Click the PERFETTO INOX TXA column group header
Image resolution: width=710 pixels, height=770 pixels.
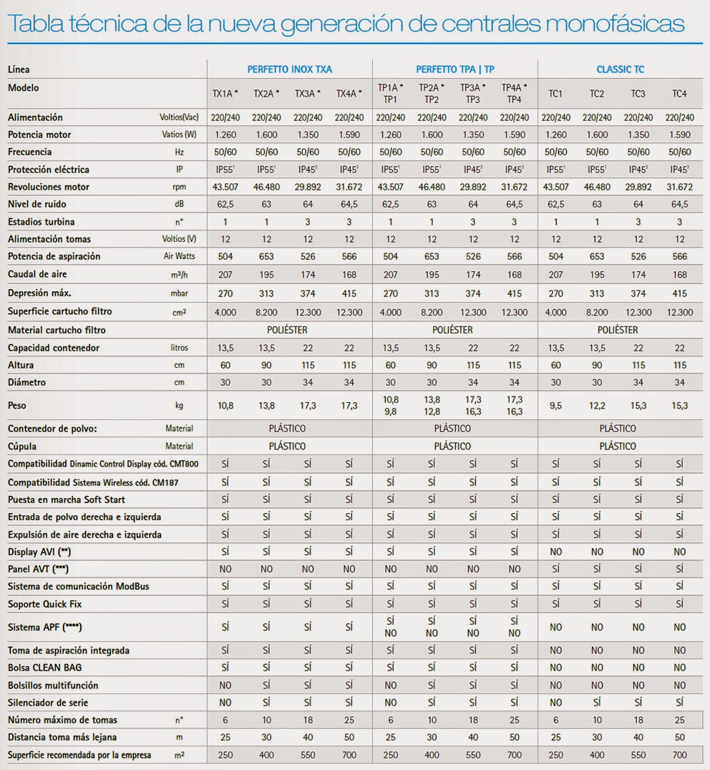pyautogui.click(x=290, y=69)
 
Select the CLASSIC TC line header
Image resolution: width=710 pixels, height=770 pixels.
pyautogui.click(x=620, y=69)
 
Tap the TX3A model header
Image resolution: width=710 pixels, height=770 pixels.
pyautogui.click(x=307, y=93)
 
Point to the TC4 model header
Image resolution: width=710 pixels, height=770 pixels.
pyautogui.click(x=679, y=93)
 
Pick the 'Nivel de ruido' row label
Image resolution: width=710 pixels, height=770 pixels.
pyautogui.click(x=37, y=204)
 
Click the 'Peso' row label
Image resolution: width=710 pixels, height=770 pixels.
pyautogui.click(x=16, y=405)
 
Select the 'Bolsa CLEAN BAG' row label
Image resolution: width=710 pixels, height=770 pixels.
pyautogui.click(x=44, y=668)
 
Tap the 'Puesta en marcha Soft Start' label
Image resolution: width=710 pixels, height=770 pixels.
pyautogui.click(x=67, y=499)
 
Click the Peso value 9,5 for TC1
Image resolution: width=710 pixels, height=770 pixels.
pyautogui.click(x=556, y=406)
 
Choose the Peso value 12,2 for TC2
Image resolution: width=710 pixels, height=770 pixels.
pyautogui.click(x=597, y=406)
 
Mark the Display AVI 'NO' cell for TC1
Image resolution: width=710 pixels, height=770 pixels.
pyautogui.click(x=556, y=552)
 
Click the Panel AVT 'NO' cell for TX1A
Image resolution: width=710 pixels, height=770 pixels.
pyautogui.click(x=225, y=569)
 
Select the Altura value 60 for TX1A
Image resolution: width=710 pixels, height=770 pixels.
pyautogui.click(x=225, y=365)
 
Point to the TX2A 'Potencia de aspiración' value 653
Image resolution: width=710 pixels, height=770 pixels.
pyautogui.click(x=267, y=256)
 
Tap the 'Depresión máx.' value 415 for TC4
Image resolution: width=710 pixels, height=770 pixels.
pyautogui.click(x=679, y=293)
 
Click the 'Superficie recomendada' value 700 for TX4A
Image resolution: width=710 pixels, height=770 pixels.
pyautogui.click(x=349, y=755)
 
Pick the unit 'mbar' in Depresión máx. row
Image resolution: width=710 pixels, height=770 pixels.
pyautogui.click(x=179, y=293)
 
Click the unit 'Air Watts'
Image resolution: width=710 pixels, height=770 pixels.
pyautogui.click(x=179, y=256)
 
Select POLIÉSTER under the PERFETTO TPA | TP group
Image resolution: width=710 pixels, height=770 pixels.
pyautogui.click(x=452, y=330)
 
